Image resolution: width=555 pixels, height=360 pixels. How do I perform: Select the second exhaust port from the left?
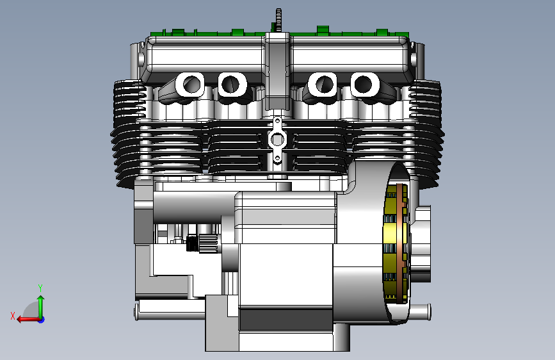(232, 85)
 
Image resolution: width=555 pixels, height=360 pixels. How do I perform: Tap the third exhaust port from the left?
(323, 85)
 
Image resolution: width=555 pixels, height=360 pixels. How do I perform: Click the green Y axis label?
(40, 288)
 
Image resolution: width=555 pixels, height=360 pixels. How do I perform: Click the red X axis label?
(13, 316)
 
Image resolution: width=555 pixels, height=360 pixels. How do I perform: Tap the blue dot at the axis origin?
(41, 320)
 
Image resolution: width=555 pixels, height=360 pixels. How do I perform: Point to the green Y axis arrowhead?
(41, 299)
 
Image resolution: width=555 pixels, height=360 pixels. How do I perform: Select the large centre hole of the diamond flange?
(277, 140)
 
